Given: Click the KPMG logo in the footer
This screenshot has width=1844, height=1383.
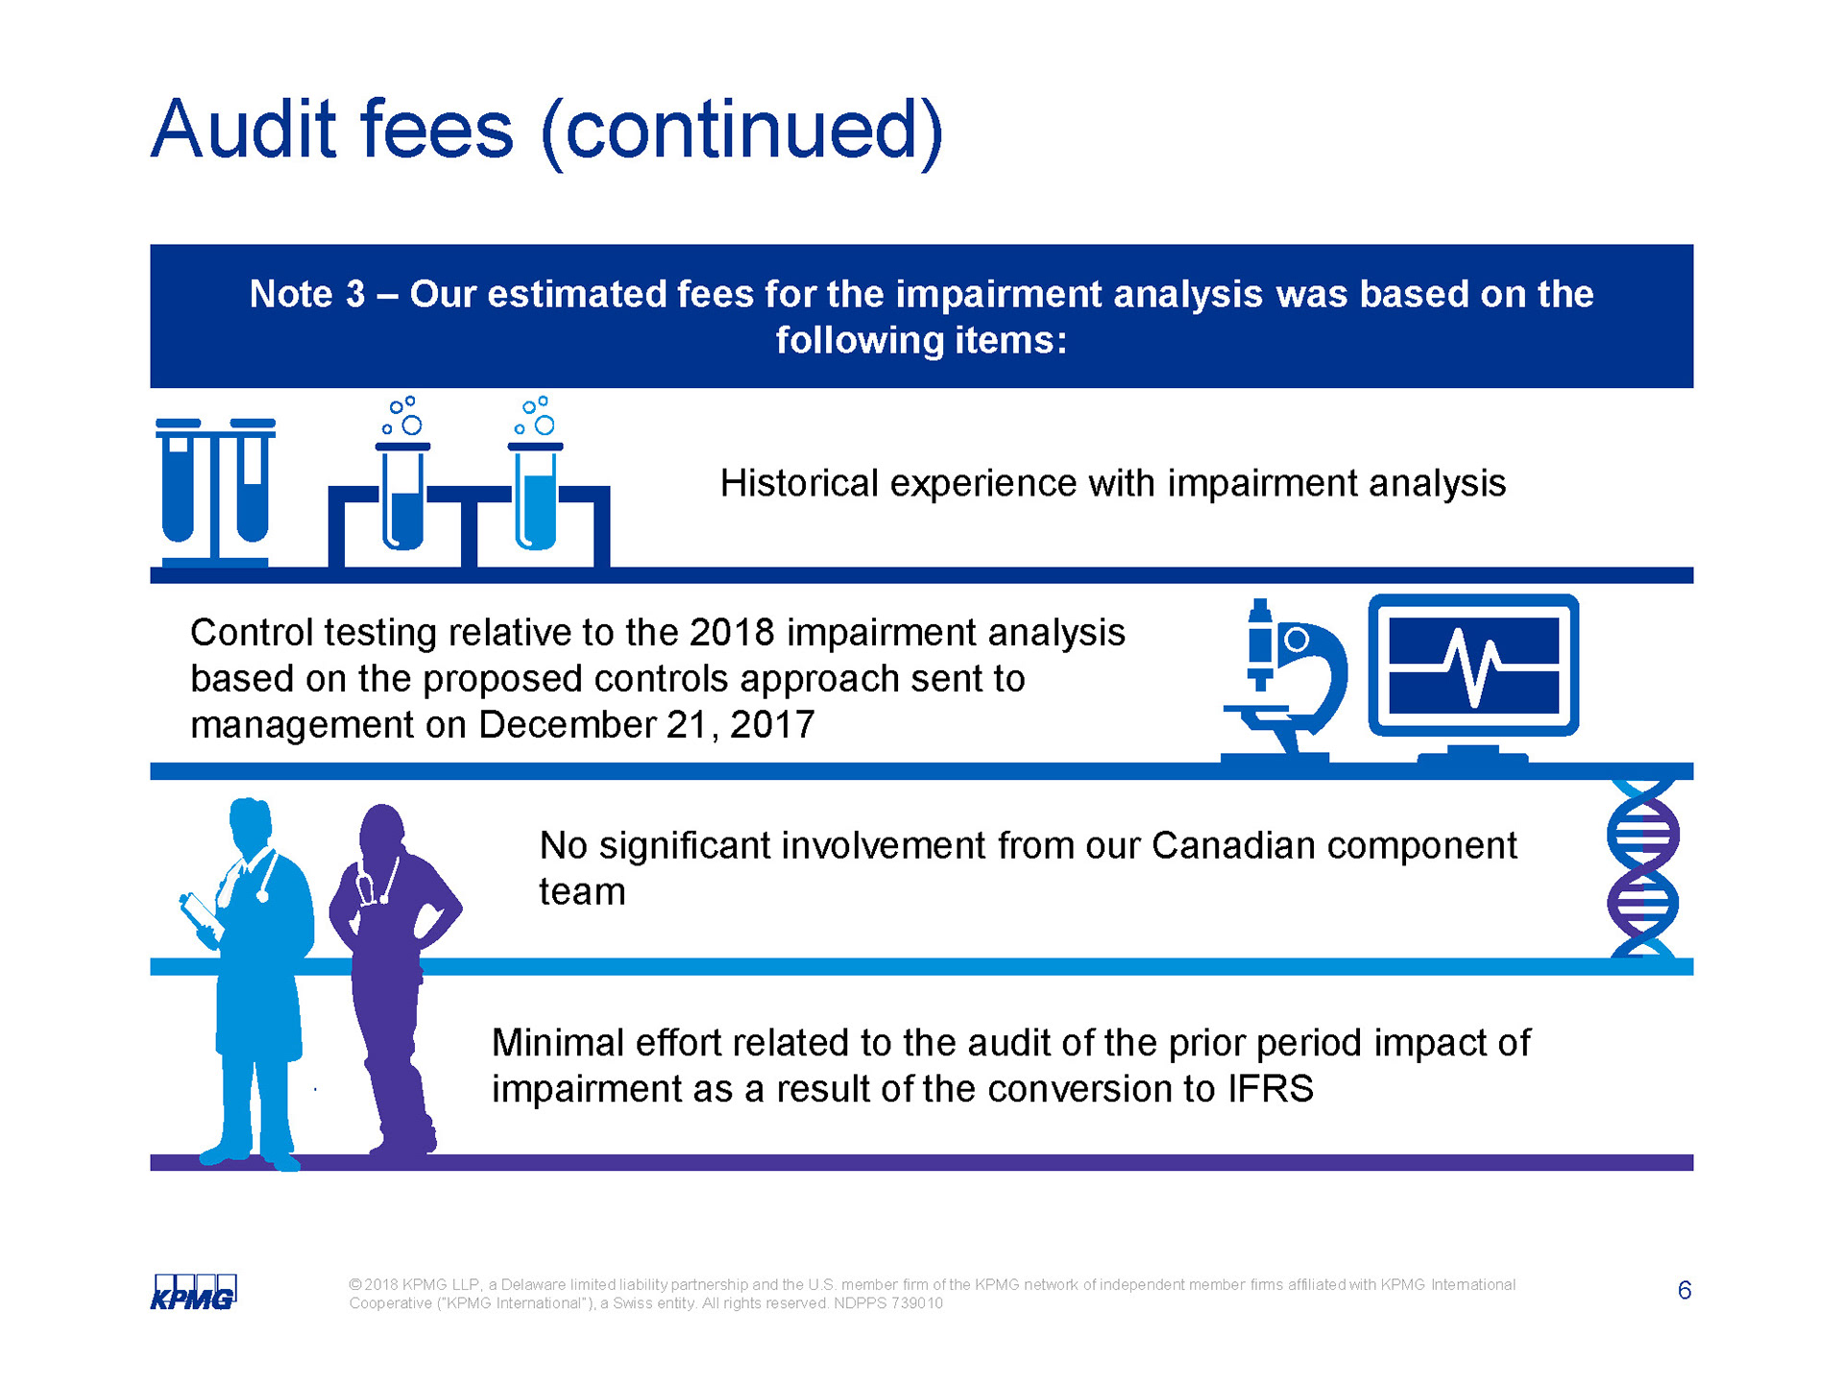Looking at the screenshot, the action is (x=193, y=1292).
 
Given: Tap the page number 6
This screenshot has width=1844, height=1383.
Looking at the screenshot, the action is (x=1685, y=1290).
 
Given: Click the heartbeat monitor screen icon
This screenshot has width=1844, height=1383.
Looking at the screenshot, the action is (x=1473, y=677).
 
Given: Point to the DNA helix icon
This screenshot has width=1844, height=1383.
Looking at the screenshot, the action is (x=1643, y=868).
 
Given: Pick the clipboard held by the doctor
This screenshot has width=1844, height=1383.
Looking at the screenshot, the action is (x=200, y=913).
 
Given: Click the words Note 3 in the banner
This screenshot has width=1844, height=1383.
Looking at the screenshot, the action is (x=307, y=294).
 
